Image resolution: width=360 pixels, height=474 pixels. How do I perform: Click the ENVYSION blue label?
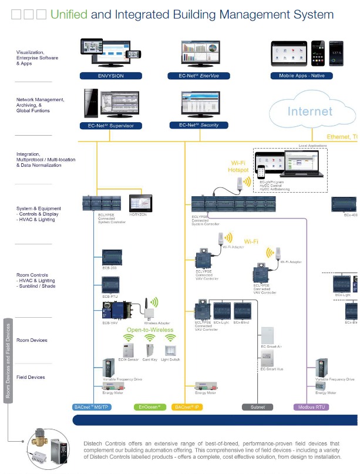pos(110,76)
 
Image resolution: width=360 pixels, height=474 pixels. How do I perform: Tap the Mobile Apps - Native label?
pos(301,76)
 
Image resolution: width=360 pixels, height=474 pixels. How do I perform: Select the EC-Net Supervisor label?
pos(110,126)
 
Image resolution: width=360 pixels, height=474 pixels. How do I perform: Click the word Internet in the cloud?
pos(309,111)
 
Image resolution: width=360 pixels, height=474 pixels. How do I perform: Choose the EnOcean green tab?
pos(150,406)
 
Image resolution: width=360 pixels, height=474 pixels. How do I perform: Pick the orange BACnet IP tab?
pos(187,406)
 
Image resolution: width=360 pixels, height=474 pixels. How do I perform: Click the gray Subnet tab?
pos(257,406)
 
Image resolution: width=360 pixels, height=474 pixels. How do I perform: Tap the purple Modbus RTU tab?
pos(311,406)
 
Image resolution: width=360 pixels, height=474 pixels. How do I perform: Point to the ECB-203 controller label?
pos(110,268)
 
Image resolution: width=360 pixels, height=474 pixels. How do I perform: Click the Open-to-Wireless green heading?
pos(150,330)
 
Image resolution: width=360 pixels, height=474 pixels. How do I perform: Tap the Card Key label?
pos(150,359)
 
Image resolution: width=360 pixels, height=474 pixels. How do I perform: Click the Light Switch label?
pos(171,359)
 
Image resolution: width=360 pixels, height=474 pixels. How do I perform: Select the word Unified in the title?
pos(69,15)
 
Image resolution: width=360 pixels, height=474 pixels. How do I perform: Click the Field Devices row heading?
pos(31,377)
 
